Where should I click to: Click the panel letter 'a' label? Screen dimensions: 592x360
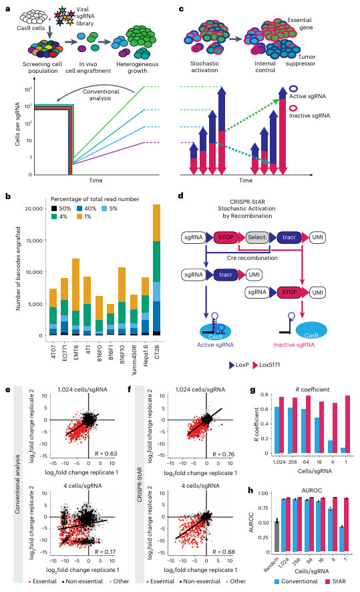7,9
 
